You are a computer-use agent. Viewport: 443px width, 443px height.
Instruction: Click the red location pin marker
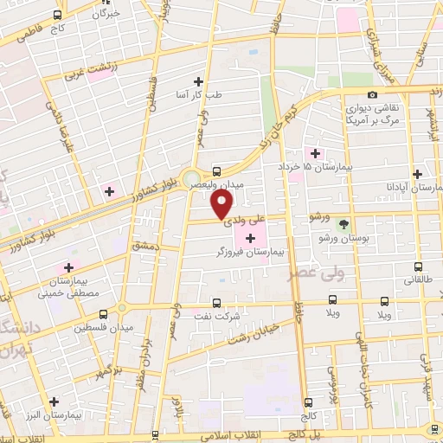pyautogui.click(x=221, y=203)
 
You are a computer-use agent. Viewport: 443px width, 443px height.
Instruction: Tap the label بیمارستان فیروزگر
pyautogui.click(x=250, y=254)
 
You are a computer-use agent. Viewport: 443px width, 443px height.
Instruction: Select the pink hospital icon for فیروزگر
pyautogui.click(x=251, y=238)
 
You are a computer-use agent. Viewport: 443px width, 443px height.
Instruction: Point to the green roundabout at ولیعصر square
pyautogui.click(x=192, y=179)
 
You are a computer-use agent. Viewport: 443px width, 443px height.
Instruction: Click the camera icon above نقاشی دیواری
pyautogui.click(x=372, y=94)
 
